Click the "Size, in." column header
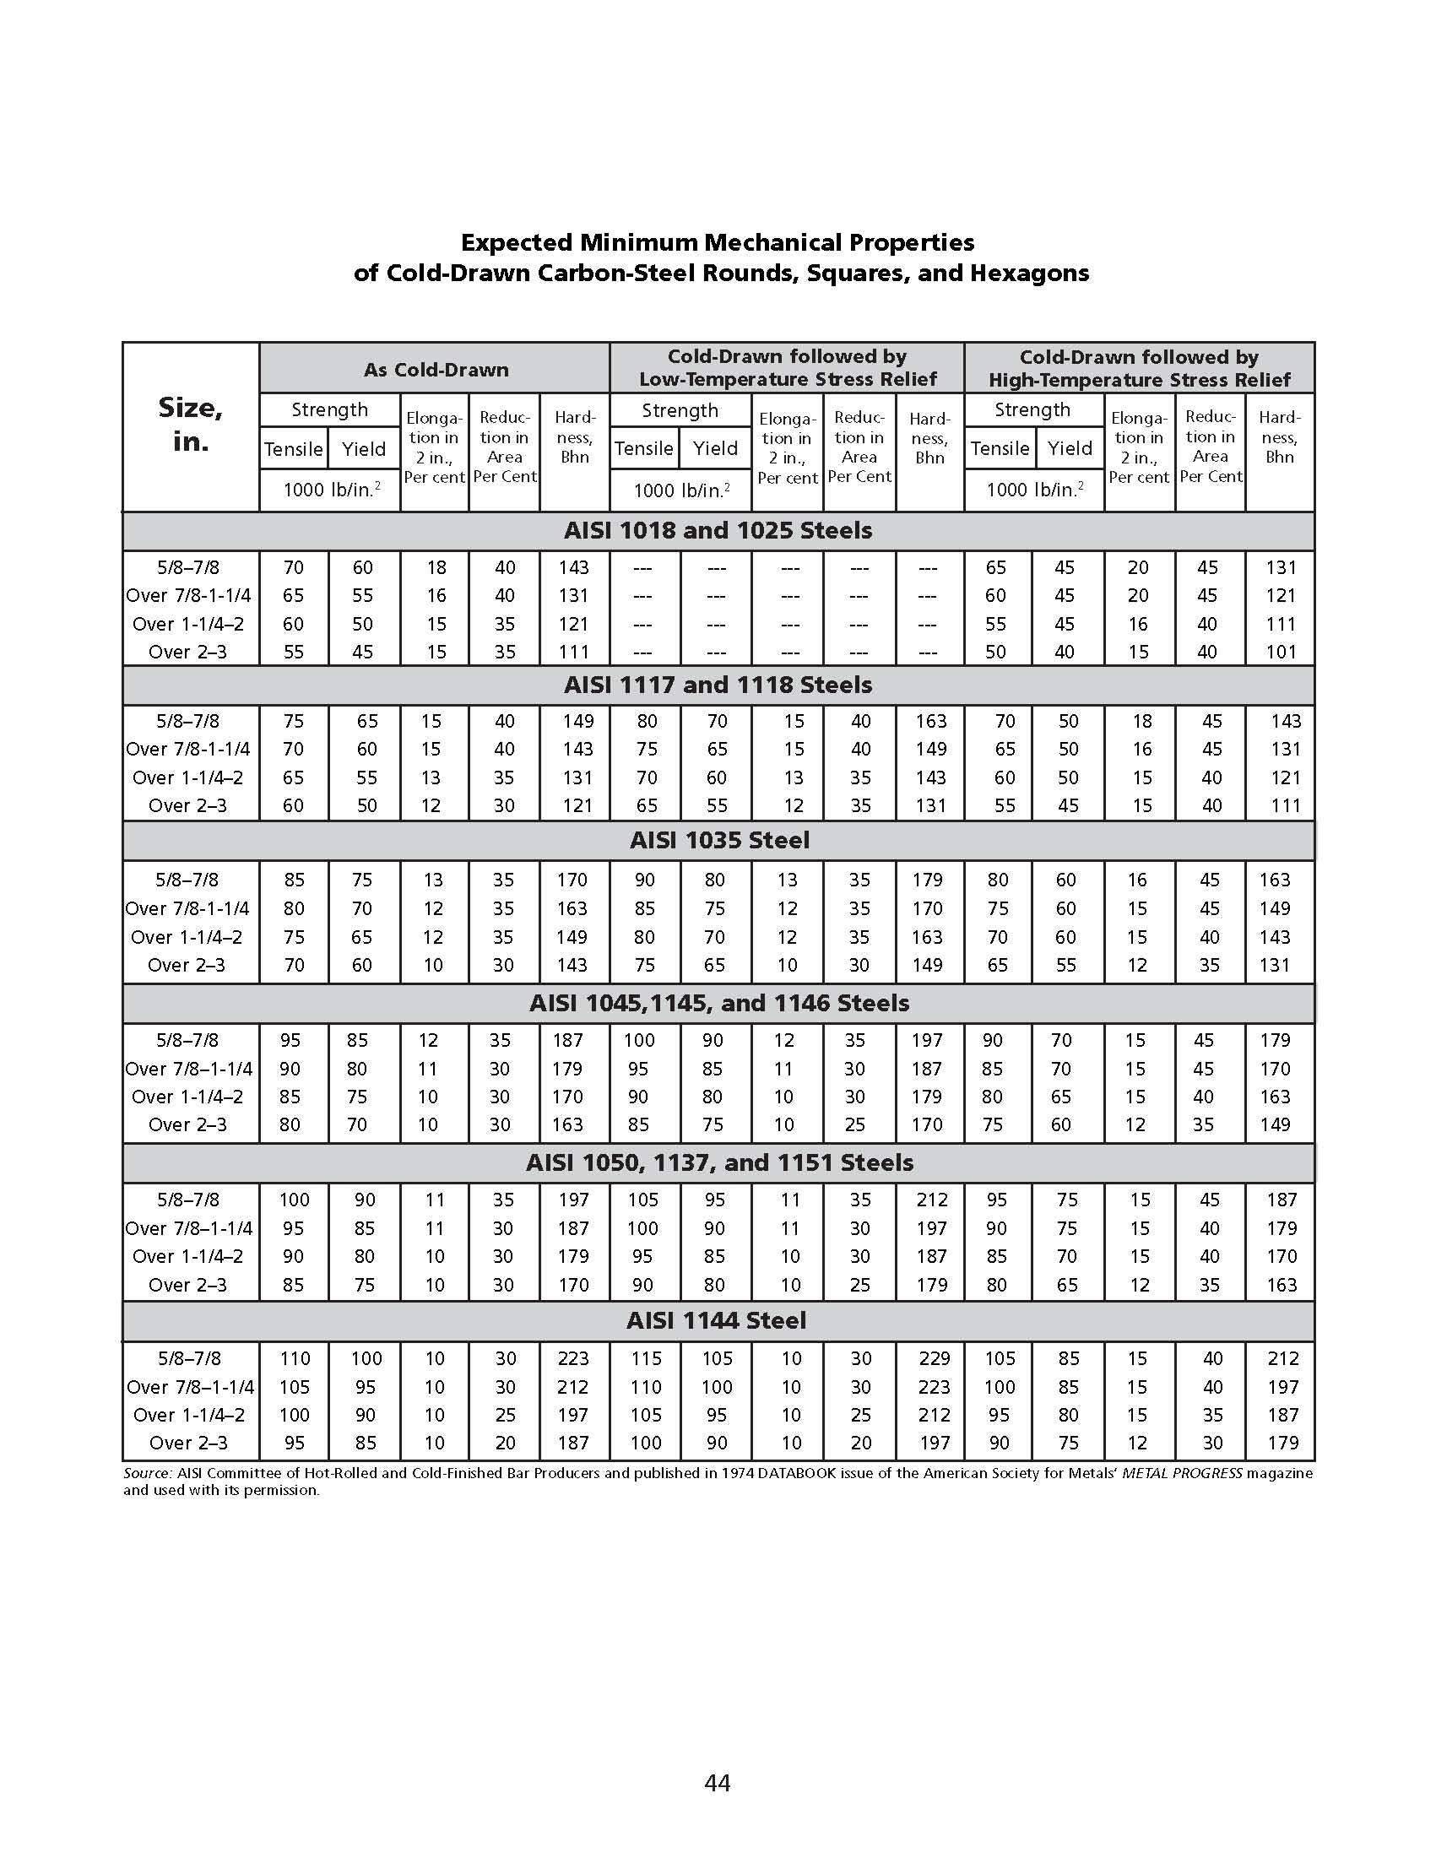pyautogui.click(x=191, y=425)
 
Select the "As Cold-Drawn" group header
pyautogui.click(x=436, y=370)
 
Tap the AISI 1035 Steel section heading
pyautogui.click(x=719, y=841)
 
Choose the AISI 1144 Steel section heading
pyautogui.click(x=716, y=1320)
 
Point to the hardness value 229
pyautogui.click(x=933, y=1358)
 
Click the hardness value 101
pyautogui.click(x=1281, y=652)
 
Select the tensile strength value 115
pyautogui.click(x=646, y=1358)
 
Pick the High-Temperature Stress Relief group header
pyautogui.click(x=1138, y=368)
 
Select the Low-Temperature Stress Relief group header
pyautogui.click(x=787, y=368)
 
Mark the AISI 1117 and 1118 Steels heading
pyautogui.click(x=718, y=685)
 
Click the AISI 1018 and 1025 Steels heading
pyautogui.click(x=718, y=531)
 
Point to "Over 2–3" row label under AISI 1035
pyautogui.click(x=187, y=965)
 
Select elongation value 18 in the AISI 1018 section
pyautogui.click(x=436, y=567)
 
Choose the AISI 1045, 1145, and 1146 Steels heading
pyautogui.click(x=719, y=1003)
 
